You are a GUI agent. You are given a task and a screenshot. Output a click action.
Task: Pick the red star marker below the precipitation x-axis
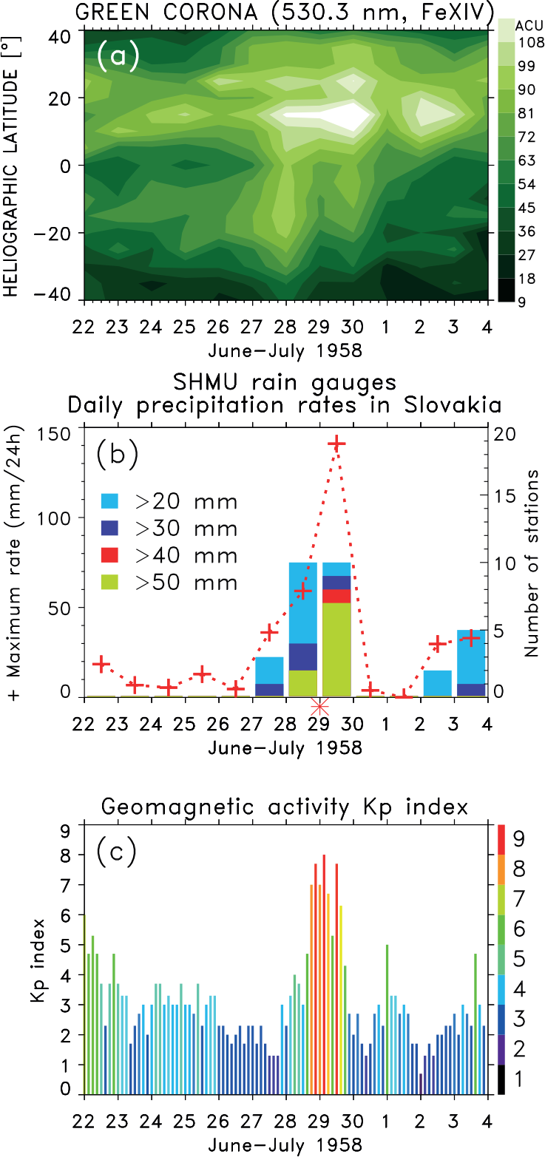[x=319, y=708]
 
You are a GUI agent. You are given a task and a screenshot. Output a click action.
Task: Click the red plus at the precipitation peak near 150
[x=337, y=444]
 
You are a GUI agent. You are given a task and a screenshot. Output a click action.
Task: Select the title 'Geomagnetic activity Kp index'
[x=285, y=807]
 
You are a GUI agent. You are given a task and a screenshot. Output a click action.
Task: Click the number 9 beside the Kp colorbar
[x=518, y=839]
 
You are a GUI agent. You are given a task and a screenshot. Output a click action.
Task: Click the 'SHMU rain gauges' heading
[x=285, y=382]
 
